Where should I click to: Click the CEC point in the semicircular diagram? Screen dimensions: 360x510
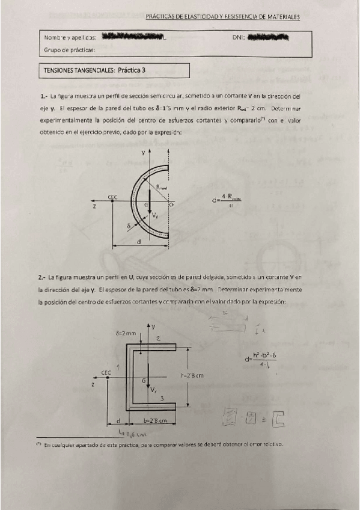tap(112, 203)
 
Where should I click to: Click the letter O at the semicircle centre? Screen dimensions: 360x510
tap(172, 205)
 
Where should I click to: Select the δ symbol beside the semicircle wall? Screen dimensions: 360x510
tap(128, 227)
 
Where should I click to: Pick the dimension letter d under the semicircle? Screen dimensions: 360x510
tap(139, 242)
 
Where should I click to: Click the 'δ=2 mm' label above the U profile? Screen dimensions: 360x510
tap(126, 331)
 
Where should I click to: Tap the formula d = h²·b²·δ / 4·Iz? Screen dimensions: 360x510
tap(260, 359)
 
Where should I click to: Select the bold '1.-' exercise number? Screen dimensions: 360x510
tap(43, 96)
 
